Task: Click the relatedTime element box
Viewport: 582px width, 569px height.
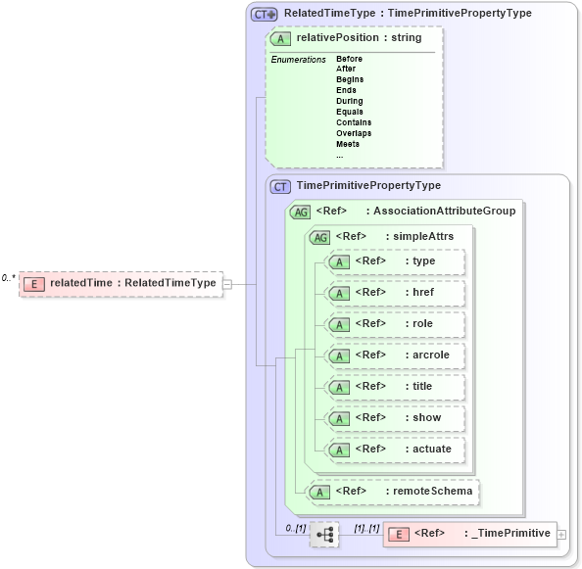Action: (121, 283)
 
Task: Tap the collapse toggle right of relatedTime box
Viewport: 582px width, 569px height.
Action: (227, 284)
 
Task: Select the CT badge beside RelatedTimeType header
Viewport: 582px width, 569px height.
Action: (265, 14)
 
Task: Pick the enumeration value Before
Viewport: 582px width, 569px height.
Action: (349, 59)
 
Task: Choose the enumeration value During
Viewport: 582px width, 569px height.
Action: (349, 101)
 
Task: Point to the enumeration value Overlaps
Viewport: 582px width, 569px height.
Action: (353, 133)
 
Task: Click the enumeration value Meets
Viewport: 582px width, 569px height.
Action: (347, 144)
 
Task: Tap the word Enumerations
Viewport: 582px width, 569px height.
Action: (298, 60)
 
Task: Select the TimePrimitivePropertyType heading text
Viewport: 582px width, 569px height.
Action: (368, 185)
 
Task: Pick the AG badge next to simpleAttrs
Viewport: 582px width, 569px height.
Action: (319, 236)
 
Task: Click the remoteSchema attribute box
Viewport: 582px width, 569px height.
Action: (392, 490)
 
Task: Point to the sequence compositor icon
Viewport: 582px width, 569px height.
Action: (324, 535)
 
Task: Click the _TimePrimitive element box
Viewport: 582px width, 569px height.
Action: (469, 534)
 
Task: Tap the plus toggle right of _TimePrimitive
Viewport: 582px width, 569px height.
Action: (561, 534)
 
